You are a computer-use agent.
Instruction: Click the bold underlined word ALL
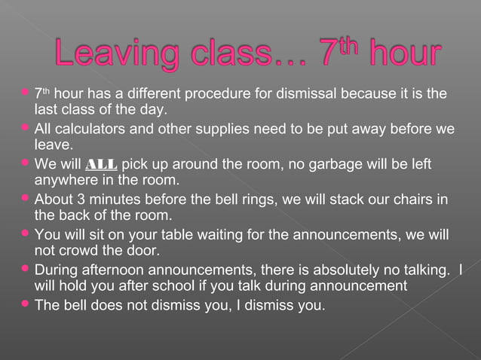(x=102, y=164)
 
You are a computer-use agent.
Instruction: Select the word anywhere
(x=66, y=179)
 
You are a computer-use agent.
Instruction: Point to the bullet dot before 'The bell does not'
(x=26, y=304)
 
